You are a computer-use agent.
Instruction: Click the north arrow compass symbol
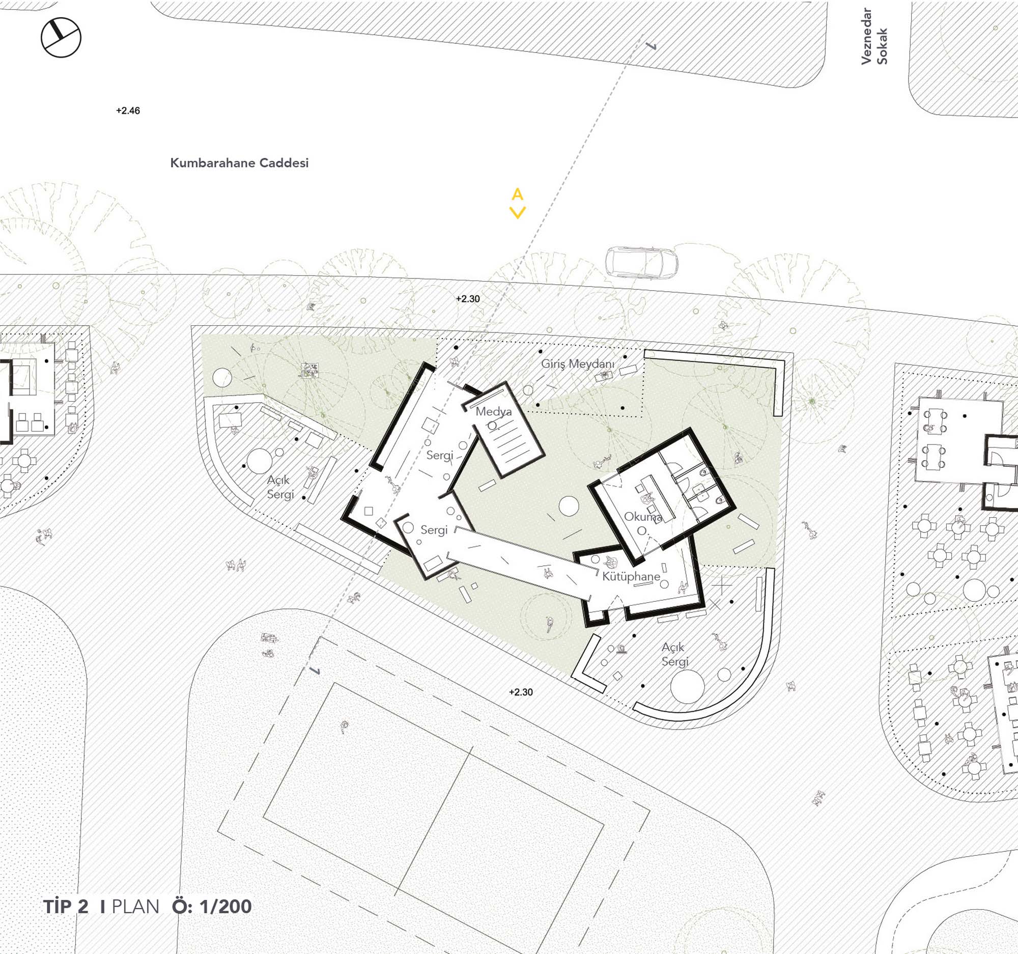61,37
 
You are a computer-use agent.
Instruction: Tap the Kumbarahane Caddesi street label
239,163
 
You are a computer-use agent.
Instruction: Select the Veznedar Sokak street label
874,36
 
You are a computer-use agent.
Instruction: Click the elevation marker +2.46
128,110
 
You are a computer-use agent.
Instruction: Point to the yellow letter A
517,194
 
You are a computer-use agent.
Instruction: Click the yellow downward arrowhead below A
518,212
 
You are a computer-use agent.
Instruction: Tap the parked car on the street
642,262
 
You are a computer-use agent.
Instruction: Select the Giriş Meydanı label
578,364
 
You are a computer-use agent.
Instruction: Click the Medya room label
494,411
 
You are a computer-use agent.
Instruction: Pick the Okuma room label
643,517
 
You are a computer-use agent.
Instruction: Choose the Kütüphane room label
631,577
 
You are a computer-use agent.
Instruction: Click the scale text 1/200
226,906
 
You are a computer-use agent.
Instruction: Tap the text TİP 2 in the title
66,906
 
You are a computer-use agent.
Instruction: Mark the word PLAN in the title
136,907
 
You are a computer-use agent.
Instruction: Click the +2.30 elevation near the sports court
521,692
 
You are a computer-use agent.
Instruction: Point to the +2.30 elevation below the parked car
468,299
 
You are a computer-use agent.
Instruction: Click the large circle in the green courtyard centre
569,507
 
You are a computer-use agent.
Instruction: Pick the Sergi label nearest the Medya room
440,455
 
